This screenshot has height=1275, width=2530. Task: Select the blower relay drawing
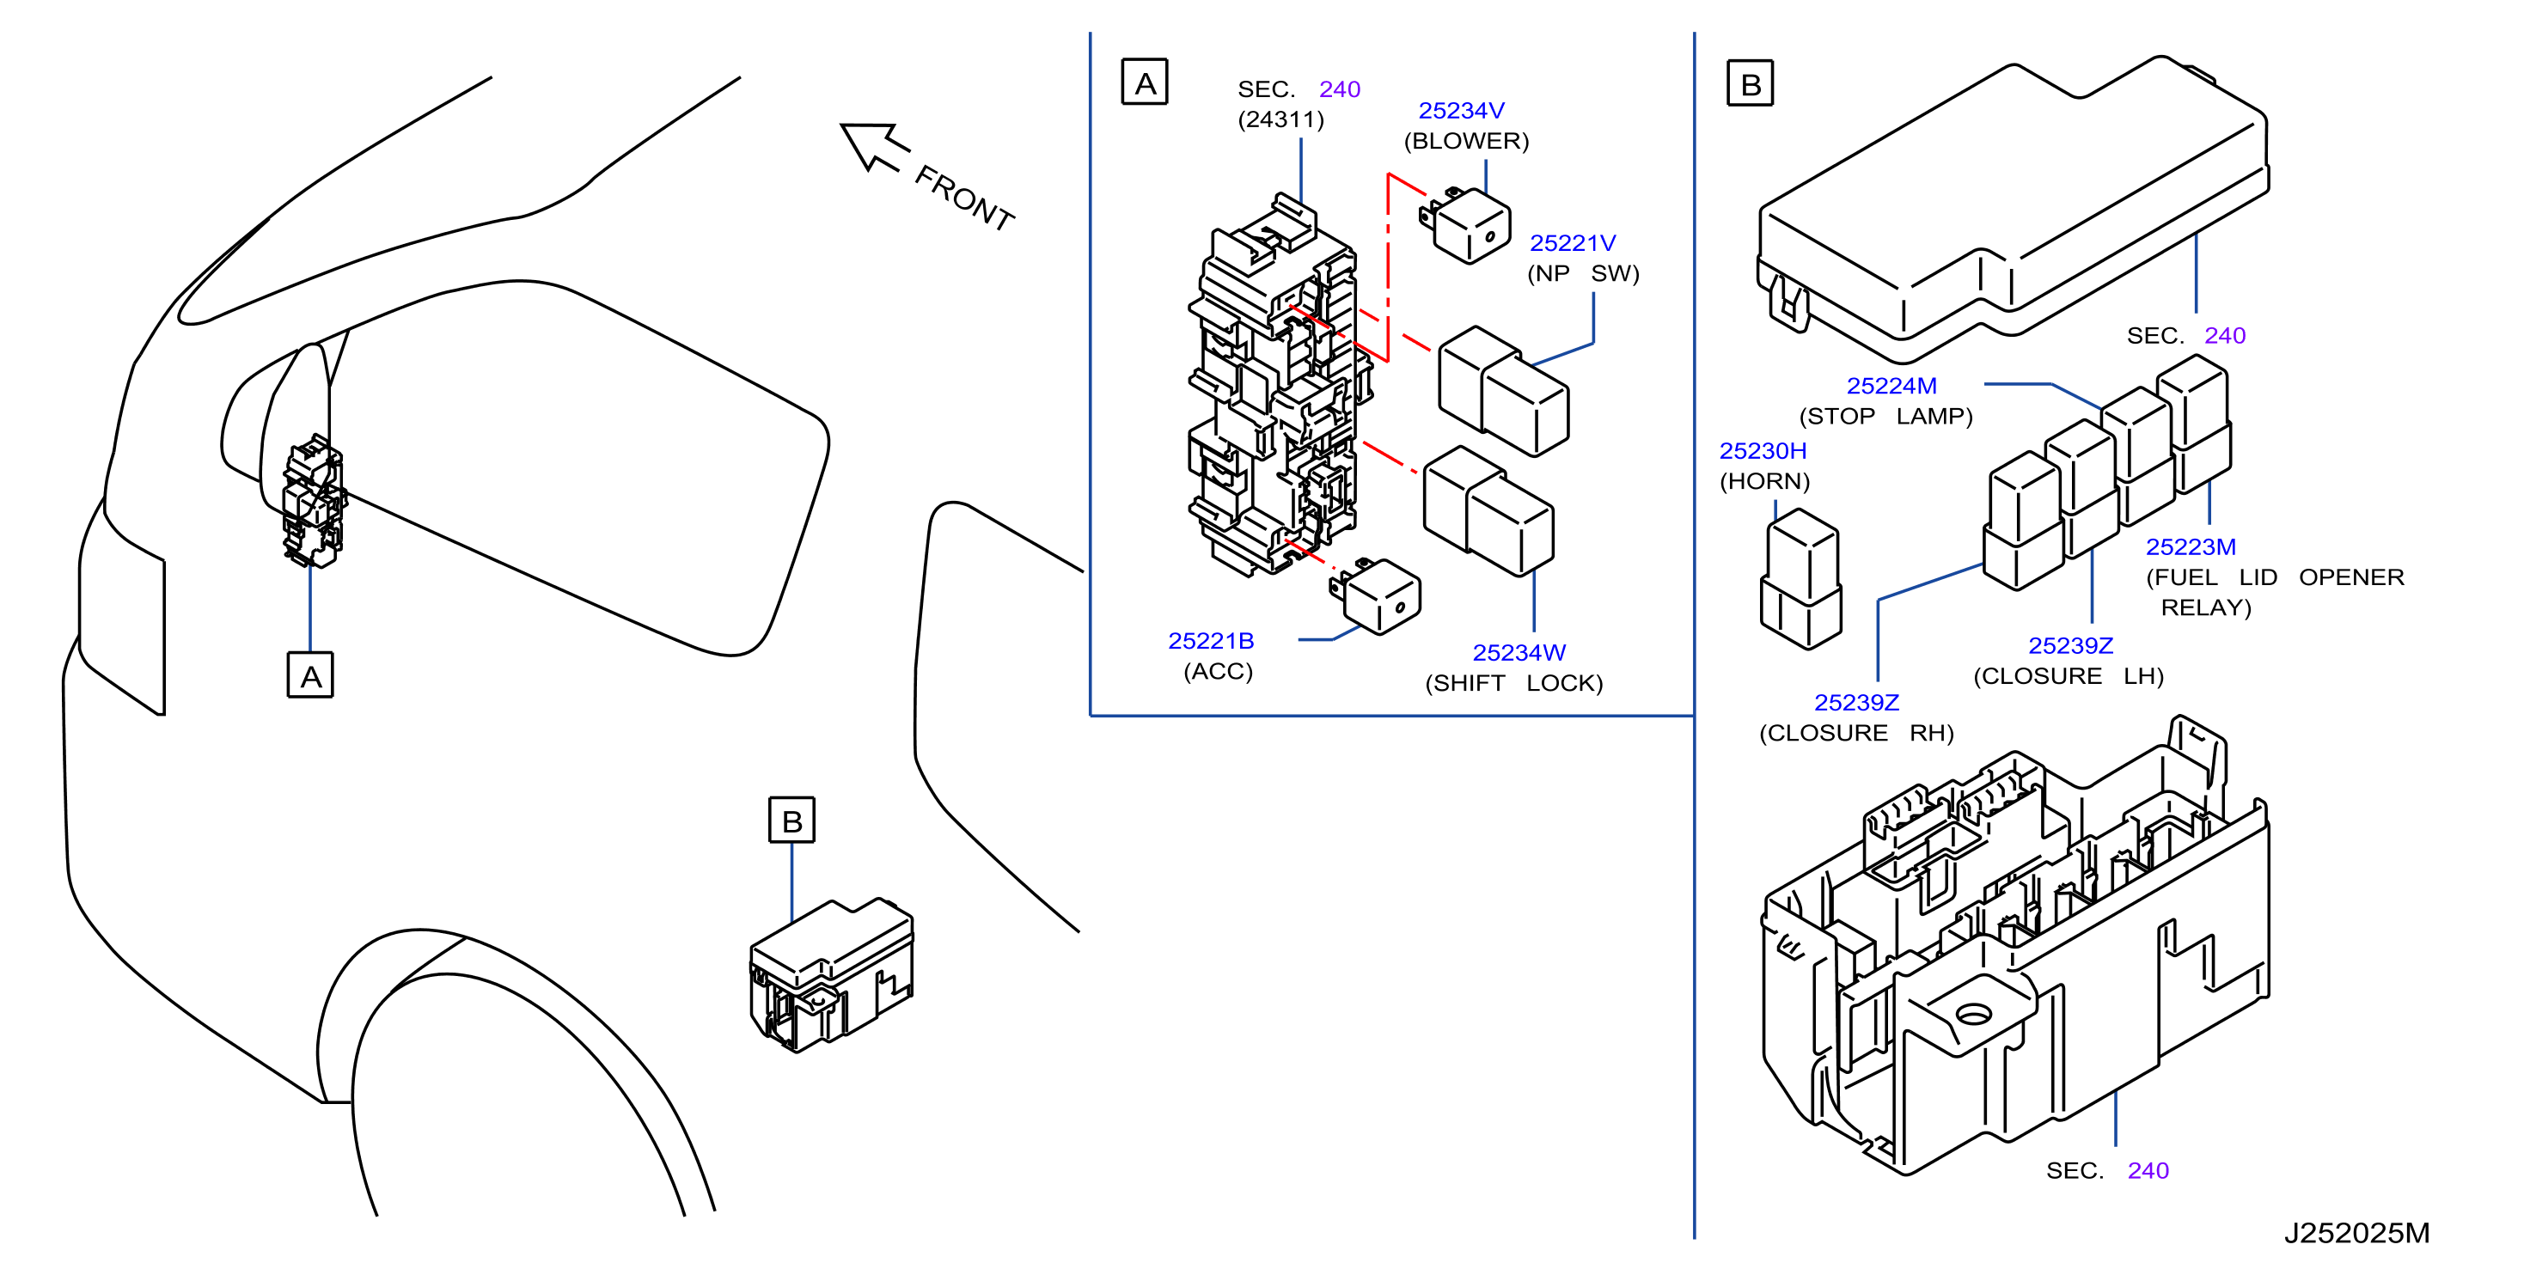[1465, 225]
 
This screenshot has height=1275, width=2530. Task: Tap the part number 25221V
[1573, 242]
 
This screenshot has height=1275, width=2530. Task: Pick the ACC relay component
[1375, 596]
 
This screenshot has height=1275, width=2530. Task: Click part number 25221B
[1211, 640]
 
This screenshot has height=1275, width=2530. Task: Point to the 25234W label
[1519, 652]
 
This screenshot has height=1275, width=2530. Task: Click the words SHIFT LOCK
[1513, 683]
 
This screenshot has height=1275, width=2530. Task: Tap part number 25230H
[1762, 450]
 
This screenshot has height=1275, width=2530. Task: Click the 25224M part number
[1891, 385]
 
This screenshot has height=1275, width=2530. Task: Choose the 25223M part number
[2191, 546]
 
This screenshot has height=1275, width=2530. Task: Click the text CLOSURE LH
[2069, 676]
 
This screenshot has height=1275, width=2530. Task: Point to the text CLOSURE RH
[1856, 733]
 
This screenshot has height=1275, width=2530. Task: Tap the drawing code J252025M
[2356, 1233]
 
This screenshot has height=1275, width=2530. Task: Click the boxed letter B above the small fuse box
[791, 821]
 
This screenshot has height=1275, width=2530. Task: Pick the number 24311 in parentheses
[1280, 119]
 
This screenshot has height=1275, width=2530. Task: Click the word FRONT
[963, 198]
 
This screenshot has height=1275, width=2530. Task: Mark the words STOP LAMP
[1885, 416]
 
